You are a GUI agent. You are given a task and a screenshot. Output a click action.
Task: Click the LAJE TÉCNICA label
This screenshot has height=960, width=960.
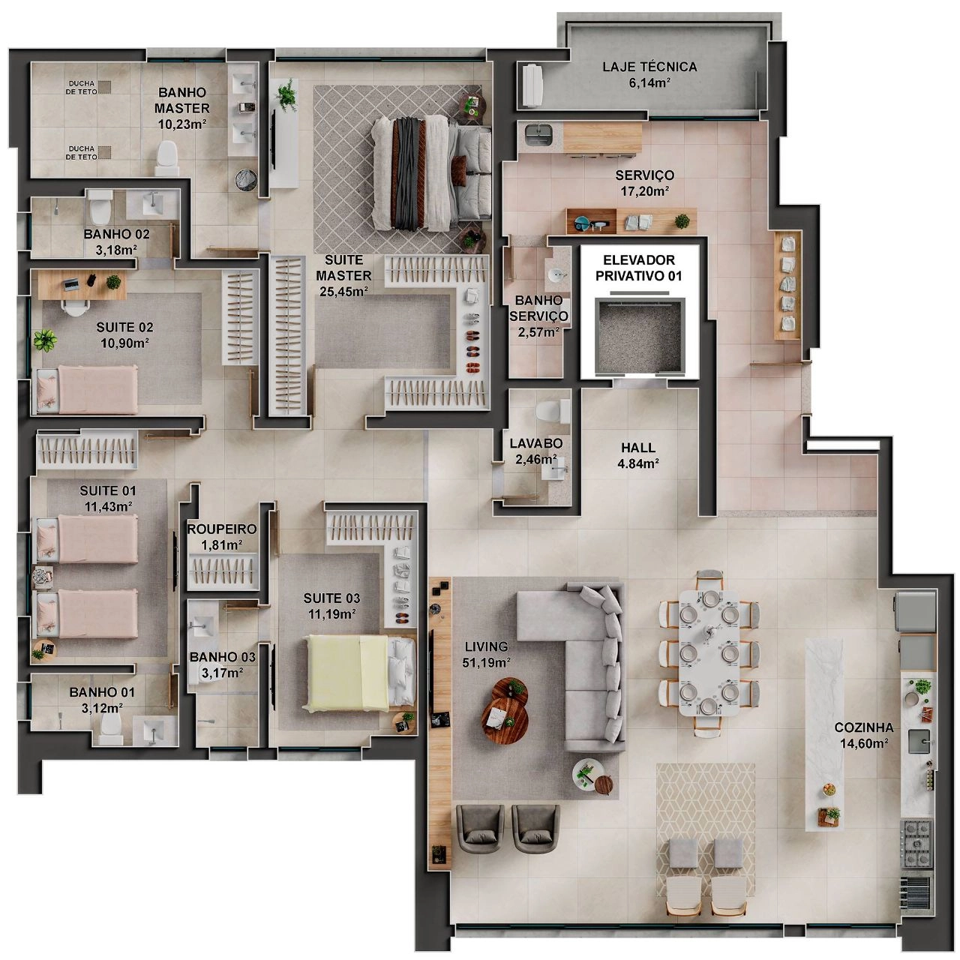pyautogui.click(x=649, y=67)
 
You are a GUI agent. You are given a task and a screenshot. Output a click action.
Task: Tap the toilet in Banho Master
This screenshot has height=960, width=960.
pyautogui.click(x=166, y=158)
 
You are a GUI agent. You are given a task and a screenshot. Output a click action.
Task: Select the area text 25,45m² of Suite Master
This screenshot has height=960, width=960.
pyautogui.click(x=343, y=291)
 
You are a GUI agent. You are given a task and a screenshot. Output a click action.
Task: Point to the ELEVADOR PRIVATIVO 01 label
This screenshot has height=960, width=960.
pyautogui.click(x=638, y=268)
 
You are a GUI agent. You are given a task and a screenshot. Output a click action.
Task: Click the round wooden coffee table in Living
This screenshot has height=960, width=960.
pyautogui.click(x=505, y=711)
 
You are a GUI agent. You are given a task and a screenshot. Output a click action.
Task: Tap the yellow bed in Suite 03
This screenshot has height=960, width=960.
pyautogui.click(x=348, y=673)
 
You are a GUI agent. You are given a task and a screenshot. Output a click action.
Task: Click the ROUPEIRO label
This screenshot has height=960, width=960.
pyautogui.click(x=222, y=529)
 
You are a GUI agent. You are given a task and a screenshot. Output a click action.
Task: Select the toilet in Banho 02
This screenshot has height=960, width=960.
pyautogui.click(x=100, y=207)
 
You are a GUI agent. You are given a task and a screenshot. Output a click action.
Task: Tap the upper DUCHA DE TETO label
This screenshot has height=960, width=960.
pyautogui.click(x=82, y=88)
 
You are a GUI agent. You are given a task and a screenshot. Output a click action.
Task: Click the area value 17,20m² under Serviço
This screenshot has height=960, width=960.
pyautogui.click(x=645, y=190)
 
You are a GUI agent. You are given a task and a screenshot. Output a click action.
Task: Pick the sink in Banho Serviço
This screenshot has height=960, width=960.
pyautogui.click(x=556, y=274)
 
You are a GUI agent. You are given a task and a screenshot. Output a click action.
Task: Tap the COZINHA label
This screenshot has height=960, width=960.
pyautogui.click(x=864, y=727)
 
